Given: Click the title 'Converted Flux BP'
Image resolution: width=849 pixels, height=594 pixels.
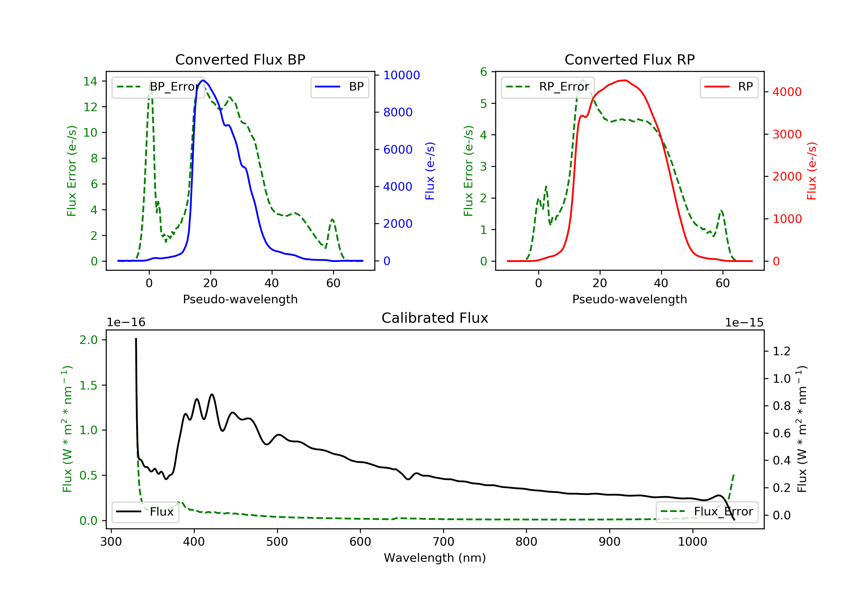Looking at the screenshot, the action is coord(240,59).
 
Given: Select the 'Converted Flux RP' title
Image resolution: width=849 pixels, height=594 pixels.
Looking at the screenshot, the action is coord(629,59).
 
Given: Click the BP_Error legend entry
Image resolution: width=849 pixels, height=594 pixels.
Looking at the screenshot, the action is coord(158,87).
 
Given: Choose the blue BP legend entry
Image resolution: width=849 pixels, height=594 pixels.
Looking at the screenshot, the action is coord(339,87).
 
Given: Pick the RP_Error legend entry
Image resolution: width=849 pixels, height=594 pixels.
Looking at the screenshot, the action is coord(548,87).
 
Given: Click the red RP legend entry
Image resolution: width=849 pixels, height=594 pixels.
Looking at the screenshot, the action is coord(729,87).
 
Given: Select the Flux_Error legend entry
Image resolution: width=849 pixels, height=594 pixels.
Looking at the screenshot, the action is coord(707,512).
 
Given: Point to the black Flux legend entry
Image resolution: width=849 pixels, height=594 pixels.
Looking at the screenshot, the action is coord(145,512).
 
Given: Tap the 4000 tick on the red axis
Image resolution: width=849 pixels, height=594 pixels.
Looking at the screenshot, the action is coord(787,92).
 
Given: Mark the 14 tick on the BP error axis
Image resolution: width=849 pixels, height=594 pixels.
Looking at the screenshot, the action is coord(90,81).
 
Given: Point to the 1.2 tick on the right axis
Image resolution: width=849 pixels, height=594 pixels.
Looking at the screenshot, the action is coord(782,351).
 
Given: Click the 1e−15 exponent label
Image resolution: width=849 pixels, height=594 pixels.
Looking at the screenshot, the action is coord(744,323).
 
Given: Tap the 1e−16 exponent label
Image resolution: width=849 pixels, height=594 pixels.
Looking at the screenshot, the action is coord(126,323).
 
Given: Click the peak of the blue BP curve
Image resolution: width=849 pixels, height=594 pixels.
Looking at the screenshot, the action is coord(203,80).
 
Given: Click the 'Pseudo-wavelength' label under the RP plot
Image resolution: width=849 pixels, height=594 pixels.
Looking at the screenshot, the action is coord(629,299).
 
